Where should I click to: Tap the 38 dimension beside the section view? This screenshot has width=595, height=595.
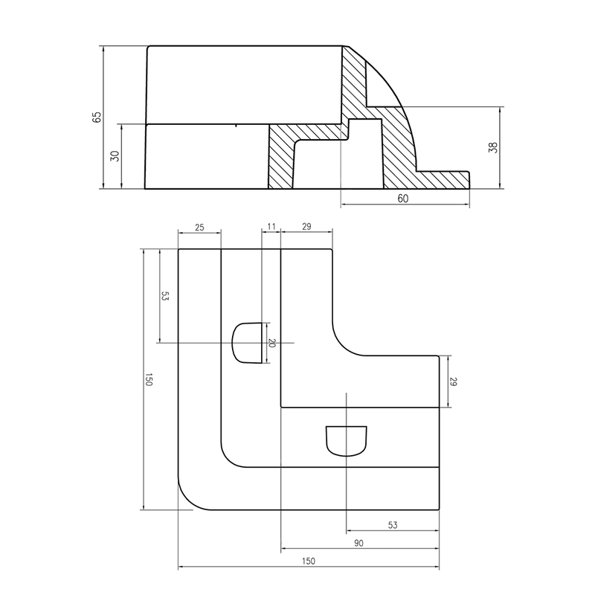492,147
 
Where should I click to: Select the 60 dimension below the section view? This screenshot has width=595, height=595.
403,199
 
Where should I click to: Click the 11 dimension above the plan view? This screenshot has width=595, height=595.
270,226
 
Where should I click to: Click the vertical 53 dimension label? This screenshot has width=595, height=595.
165,296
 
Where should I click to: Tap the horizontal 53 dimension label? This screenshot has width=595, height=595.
393,525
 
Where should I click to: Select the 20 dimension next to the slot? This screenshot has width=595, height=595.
271,343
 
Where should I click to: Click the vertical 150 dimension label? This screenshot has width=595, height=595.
149,380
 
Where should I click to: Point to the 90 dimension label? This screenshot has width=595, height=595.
358,544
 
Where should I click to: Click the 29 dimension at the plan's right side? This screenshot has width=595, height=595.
453,382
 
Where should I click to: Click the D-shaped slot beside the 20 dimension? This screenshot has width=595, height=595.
248,343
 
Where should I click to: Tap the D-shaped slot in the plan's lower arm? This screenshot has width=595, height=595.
347,440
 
